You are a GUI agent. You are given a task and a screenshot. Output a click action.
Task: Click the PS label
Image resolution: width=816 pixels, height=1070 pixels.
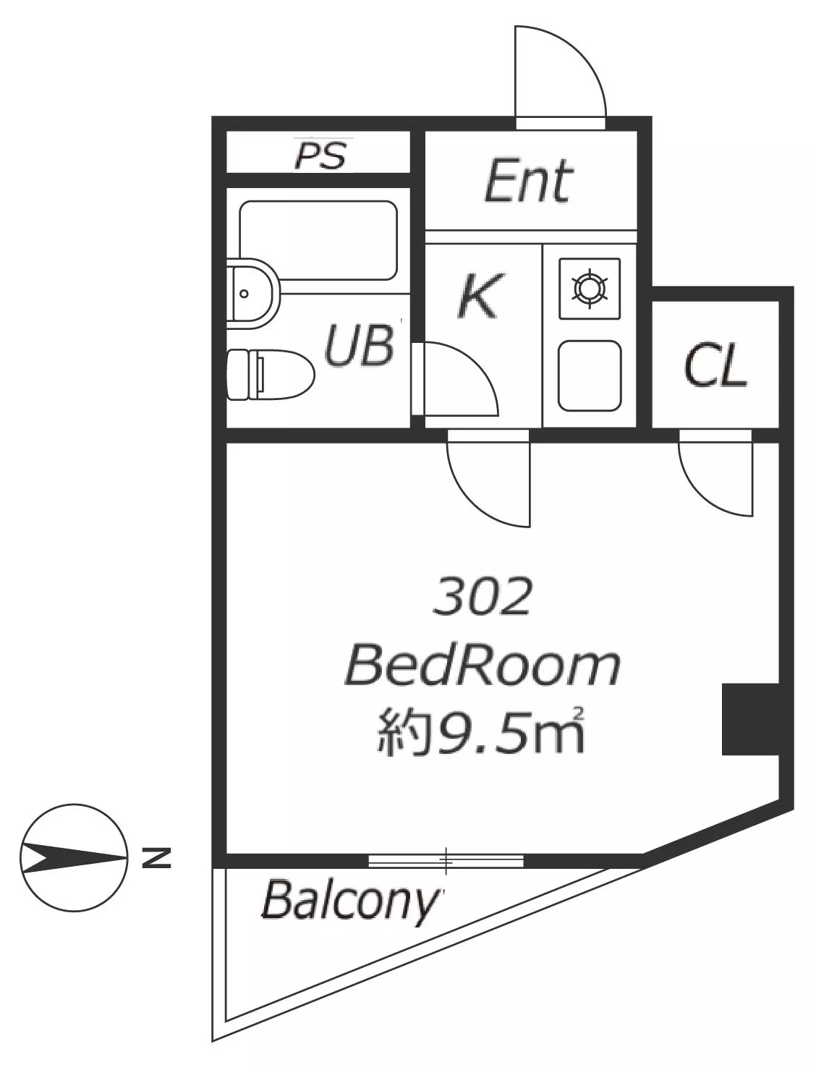click(x=320, y=155)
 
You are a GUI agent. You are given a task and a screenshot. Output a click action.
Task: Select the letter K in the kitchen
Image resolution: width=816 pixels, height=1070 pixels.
click(x=480, y=296)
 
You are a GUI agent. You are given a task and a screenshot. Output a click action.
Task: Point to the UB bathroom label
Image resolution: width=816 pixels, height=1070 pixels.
click(x=360, y=345)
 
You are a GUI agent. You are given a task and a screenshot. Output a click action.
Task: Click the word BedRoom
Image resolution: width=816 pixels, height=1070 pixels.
click(x=482, y=666)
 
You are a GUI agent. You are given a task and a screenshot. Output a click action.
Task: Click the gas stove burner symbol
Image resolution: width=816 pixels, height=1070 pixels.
click(x=590, y=289)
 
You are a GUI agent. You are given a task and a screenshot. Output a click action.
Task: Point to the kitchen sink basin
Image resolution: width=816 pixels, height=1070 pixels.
click(x=590, y=376)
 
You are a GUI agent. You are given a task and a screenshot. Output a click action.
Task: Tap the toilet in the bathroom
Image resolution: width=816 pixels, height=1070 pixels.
click(x=271, y=374)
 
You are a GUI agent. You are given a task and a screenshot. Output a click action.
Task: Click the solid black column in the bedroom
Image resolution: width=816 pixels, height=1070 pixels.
click(x=750, y=719)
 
